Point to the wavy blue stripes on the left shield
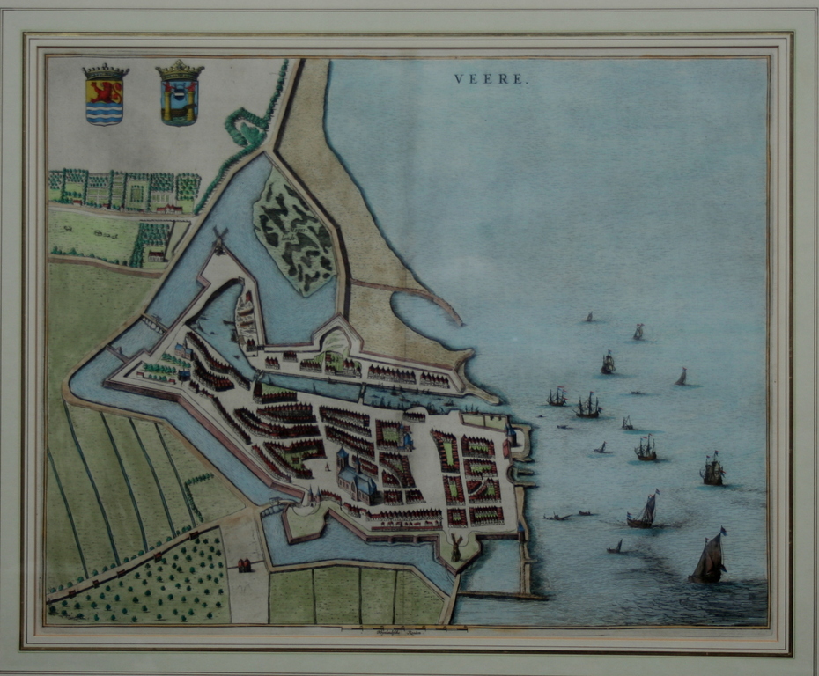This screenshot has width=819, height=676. click(104, 112)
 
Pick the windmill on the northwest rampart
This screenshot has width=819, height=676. click(219, 239)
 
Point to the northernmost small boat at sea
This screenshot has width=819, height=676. click(589, 317)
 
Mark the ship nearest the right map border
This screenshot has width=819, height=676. click(712, 470)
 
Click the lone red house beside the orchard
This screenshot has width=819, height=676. click(244, 565)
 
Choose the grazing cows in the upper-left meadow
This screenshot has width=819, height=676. click(104, 234)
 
